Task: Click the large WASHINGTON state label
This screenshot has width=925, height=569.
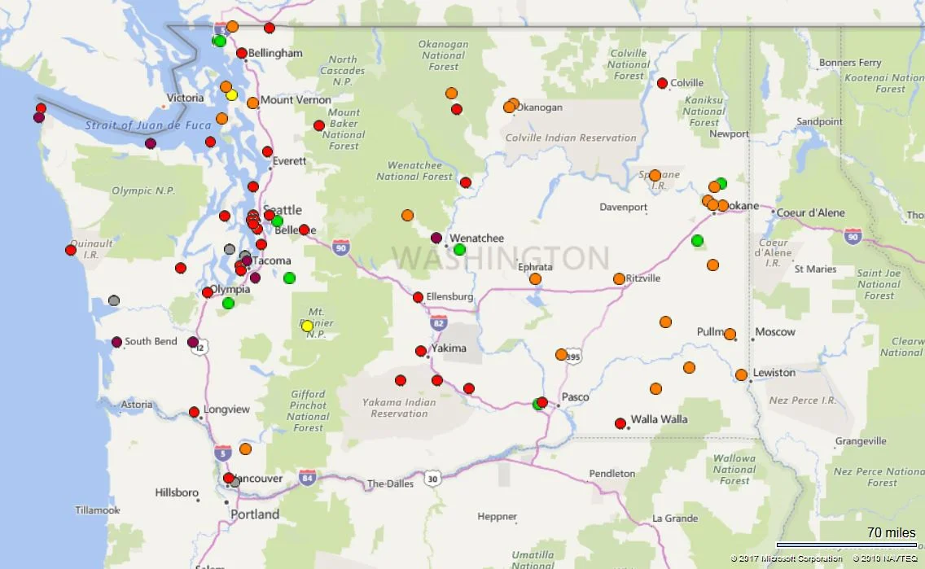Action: pos(501,258)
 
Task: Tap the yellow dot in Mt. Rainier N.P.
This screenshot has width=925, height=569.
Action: pos(307,326)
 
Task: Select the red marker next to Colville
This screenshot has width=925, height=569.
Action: pos(662,83)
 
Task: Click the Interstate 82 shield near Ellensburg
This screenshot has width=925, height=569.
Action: pos(438,322)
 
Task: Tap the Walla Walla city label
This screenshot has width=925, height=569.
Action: pos(659,420)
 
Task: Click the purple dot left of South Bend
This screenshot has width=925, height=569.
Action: pos(116,342)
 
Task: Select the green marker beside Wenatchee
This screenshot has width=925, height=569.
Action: pos(459,249)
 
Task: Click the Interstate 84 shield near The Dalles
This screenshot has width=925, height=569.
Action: pos(307,477)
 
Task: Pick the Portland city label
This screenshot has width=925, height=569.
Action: pos(254,514)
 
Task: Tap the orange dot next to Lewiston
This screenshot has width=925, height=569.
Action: pos(741,375)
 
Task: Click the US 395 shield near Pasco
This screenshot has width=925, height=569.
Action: pos(573,357)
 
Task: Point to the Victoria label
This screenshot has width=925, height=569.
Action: pos(185,98)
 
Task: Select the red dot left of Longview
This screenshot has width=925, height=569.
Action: pos(194,412)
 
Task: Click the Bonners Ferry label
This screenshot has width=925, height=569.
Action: pos(850,63)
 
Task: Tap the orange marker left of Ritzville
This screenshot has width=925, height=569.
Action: pos(619,278)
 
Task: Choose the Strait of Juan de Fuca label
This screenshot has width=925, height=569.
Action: pos(147,125)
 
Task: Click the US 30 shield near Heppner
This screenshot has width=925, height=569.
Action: pos(432,479)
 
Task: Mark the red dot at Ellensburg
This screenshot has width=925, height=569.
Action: pos(418,297)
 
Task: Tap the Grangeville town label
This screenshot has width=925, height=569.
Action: pos(861,441)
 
